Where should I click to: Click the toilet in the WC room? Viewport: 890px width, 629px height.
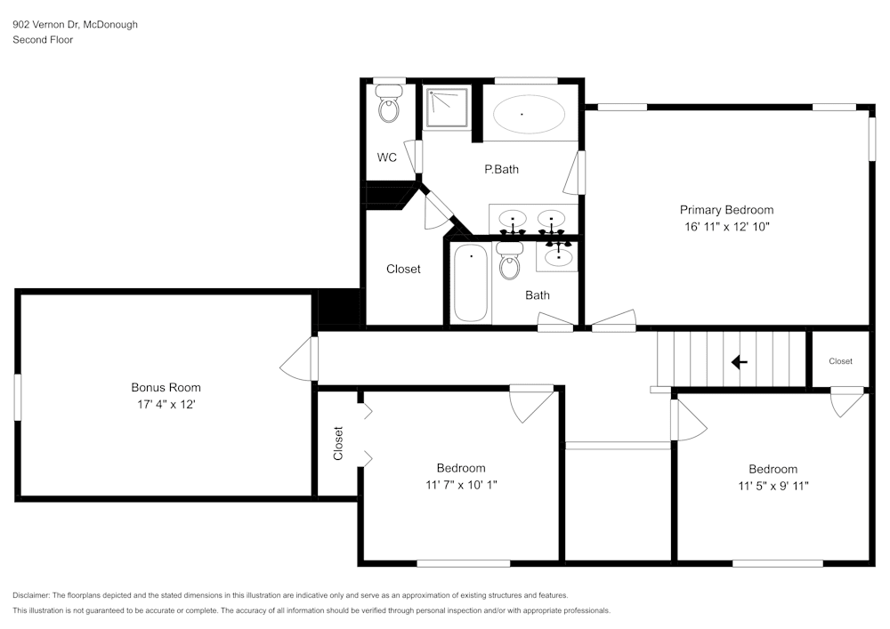389,106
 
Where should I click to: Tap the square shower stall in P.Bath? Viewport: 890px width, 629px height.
446,108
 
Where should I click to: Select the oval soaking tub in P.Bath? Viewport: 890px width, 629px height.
529,115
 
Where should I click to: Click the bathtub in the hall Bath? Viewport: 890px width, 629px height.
471,284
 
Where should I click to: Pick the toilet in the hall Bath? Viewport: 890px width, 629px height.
510,262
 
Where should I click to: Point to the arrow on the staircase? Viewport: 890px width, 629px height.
739,362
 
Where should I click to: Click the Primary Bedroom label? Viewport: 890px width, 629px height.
726,210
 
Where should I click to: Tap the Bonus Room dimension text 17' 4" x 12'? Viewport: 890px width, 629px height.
166,404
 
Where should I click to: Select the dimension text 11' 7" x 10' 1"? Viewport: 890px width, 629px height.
460,485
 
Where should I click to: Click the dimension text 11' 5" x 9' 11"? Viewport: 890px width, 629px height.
773,486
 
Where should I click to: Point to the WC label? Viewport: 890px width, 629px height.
386,158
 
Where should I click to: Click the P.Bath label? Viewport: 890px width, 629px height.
501,169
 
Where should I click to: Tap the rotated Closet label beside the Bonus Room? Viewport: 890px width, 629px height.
338,443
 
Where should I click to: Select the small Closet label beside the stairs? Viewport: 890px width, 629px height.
840,361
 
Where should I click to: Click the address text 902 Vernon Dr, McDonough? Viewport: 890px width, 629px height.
75,25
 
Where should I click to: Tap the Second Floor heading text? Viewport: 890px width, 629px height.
43,40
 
